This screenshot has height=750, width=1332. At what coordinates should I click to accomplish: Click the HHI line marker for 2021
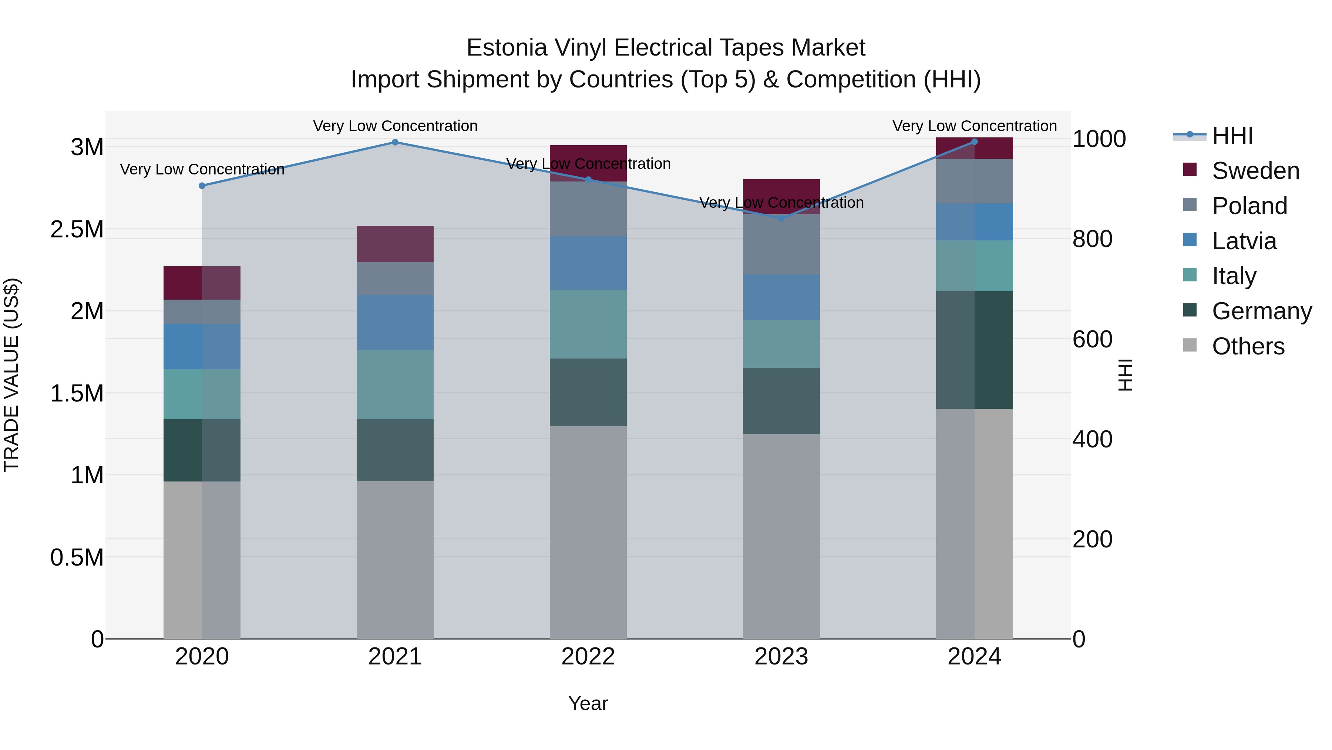395,142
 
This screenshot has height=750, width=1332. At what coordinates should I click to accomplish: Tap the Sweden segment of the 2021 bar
395,244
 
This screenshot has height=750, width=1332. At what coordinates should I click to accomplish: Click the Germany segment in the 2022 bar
588,392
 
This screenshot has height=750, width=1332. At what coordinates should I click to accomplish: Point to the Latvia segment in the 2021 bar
395,323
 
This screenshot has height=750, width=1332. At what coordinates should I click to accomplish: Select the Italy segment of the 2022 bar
588,324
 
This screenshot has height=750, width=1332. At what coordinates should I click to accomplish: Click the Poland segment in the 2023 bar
781,244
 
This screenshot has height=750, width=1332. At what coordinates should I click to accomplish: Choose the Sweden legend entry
1255,171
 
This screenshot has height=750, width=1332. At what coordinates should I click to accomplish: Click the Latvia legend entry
1244,241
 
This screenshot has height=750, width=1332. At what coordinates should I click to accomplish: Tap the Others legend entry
1248,346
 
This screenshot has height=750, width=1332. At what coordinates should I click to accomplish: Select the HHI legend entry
1232,136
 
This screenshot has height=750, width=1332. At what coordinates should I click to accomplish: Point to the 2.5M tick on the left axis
77,229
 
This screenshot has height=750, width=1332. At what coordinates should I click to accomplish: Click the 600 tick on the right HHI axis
1092,340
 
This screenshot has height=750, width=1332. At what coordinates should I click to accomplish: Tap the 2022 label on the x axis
588,657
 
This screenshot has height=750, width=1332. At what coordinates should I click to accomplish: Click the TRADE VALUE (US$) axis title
11,375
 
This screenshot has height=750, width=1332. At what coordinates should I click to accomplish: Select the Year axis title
588,703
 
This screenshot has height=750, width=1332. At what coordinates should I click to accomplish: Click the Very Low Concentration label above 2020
202,169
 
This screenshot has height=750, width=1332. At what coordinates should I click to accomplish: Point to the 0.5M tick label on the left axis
77,557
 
